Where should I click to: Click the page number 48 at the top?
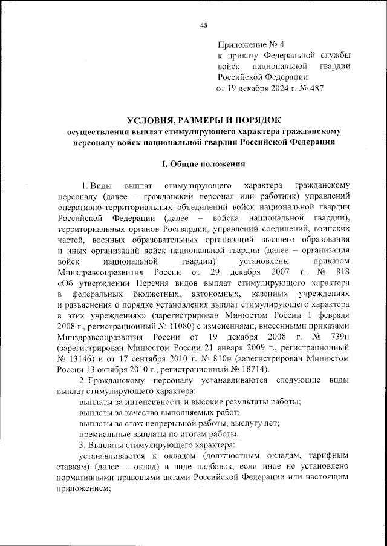pos(203,25)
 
